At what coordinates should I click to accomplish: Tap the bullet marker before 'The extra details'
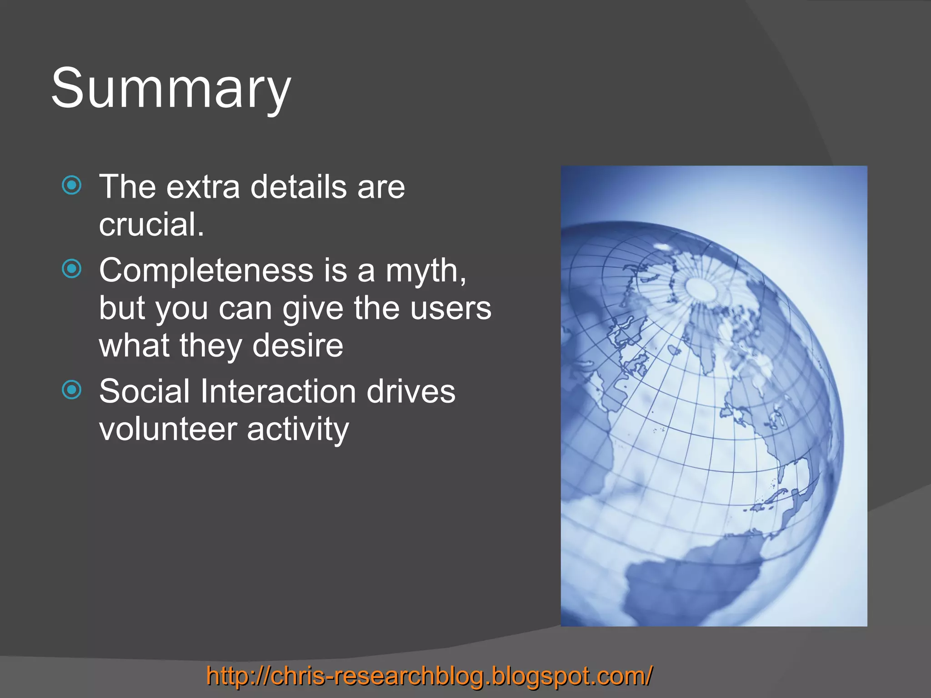point(72,185)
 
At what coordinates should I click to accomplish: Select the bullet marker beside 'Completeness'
point(72,269)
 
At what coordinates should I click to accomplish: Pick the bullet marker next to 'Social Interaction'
point(72,390)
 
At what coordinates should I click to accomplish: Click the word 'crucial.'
point(151,224)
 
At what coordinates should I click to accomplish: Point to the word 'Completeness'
point(206,270)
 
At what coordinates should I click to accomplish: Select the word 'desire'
point(298,345)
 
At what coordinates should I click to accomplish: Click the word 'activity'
point(298,430)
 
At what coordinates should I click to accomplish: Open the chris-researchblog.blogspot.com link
point(430,676)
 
